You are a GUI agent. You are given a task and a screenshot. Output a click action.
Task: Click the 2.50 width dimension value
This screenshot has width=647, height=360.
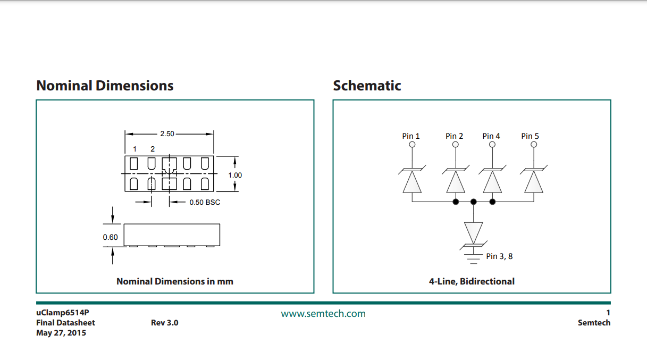[x=167, y=134]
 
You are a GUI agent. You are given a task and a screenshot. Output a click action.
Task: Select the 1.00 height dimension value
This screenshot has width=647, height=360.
[x=235, y=175]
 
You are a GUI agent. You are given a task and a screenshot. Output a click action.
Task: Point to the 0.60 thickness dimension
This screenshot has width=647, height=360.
[x=111, y=237]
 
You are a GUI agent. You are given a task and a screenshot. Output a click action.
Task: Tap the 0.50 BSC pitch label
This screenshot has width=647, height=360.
[x=205, y=202]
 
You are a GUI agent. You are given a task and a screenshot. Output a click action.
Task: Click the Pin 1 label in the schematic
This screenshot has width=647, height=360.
[x=411, y=136]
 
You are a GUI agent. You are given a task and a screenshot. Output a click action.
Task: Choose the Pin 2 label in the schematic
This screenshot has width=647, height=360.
[x=455, y=136]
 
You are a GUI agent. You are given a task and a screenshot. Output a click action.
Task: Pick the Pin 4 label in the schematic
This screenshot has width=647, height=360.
[x=491, y=136]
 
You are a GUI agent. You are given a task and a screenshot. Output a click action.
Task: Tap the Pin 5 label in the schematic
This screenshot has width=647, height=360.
[x=530, y=136]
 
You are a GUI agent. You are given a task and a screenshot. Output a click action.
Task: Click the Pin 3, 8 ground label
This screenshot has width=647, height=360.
[x=499, y=256]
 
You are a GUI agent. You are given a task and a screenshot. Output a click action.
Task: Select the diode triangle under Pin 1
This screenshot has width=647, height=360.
[x=412, y=182]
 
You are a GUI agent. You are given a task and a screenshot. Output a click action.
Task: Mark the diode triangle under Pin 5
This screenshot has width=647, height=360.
[x=534, y=182]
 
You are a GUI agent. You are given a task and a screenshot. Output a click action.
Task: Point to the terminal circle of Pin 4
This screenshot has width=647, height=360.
[x=492, y=145]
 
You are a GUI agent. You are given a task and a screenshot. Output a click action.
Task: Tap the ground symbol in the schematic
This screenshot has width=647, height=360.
[x=473, y=259]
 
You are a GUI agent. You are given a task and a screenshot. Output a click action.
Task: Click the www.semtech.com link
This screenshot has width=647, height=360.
[x=323, y=314]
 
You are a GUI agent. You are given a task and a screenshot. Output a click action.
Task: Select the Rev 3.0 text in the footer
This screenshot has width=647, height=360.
[x=165, y=323]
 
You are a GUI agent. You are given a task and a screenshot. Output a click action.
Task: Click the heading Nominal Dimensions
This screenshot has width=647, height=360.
[x=105, y=86]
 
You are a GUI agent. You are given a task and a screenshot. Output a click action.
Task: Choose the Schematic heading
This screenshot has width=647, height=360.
[x=367, y=86]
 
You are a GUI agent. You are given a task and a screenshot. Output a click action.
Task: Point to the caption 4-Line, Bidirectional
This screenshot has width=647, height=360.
[x=472, y=281]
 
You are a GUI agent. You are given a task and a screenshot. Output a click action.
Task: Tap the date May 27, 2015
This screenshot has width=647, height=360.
[x=61, y=333]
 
